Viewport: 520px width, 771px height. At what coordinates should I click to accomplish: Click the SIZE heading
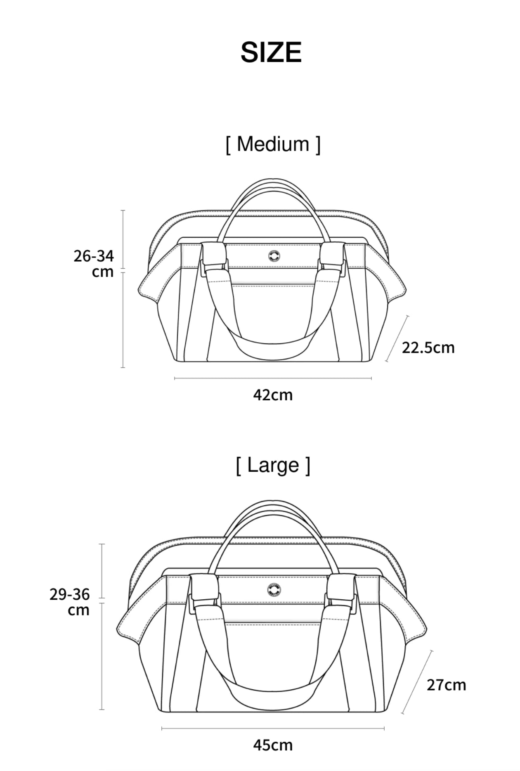click(271, 52)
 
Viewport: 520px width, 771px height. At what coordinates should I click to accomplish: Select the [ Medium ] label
click(273, 144)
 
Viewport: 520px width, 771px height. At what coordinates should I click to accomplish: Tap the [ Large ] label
click(273, 465)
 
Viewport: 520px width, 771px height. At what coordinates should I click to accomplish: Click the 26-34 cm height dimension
click(94, 264)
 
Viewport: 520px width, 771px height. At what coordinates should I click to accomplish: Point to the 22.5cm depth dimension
click(428, 348)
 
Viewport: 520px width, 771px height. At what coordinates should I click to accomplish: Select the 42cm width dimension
click(273, 395)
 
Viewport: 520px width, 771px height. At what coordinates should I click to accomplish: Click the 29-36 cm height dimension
click(70, 602)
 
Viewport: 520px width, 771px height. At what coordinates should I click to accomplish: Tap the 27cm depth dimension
click(446, 685)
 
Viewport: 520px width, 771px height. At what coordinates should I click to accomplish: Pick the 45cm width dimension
click(273, 745)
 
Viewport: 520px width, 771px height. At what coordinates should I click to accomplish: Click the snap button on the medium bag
click(274, 256)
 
